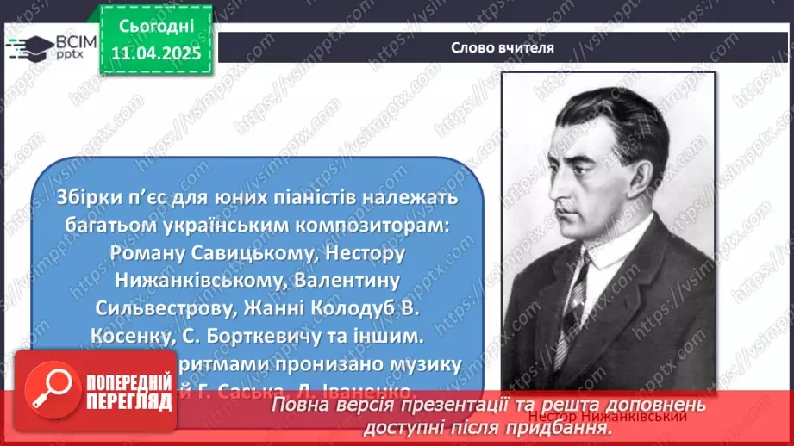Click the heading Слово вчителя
pyautogui.click(x=503, y=47)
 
